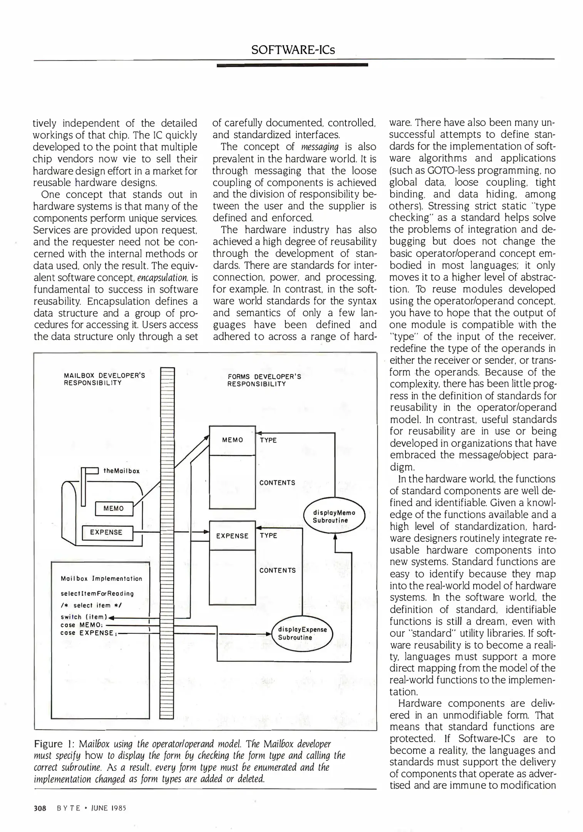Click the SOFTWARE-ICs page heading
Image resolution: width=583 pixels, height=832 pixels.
[293, 50]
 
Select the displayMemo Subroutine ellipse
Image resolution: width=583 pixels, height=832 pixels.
[334, 517]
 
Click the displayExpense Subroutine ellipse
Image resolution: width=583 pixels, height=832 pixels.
[302, 633]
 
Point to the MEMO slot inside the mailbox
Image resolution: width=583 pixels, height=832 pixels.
[114, 508]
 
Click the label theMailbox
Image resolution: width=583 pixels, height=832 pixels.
[121, 471]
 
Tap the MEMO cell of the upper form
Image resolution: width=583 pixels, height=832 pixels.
[232, 440]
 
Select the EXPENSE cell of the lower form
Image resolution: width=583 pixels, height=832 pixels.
[232, 536]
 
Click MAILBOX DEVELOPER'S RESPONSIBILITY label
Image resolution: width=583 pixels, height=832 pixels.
[104, 379]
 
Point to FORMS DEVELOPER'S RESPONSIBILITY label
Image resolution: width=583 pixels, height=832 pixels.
[264, 380]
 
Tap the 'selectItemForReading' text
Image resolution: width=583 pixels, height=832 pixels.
[97, 594]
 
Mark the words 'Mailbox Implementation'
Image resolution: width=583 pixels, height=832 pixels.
[101, 579]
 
